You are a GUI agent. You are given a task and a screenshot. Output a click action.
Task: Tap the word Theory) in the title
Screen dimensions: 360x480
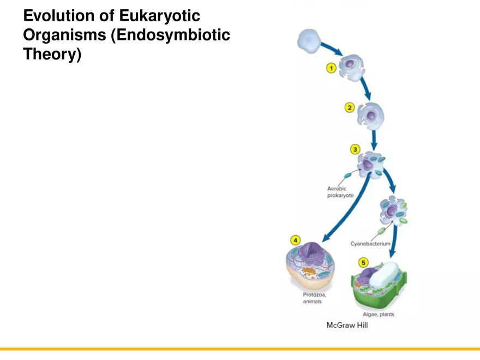[x=52, y=55]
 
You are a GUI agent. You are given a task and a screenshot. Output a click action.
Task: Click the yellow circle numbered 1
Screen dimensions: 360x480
[x=331, y=68]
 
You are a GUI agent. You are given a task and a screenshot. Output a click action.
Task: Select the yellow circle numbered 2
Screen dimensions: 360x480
[x=349, y=107]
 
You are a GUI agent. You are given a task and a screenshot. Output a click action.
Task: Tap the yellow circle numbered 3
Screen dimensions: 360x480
[x=355, y=149]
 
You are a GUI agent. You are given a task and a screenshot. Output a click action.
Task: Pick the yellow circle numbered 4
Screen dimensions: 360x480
[x=295, y=240]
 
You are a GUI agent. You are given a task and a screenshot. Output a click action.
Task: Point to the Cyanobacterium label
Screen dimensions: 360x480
[x=370, y=244]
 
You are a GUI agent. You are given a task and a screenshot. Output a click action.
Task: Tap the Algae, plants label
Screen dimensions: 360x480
[x=379, y=314]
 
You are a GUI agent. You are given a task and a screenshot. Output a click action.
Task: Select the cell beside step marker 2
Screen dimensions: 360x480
[x=371, y=115]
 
